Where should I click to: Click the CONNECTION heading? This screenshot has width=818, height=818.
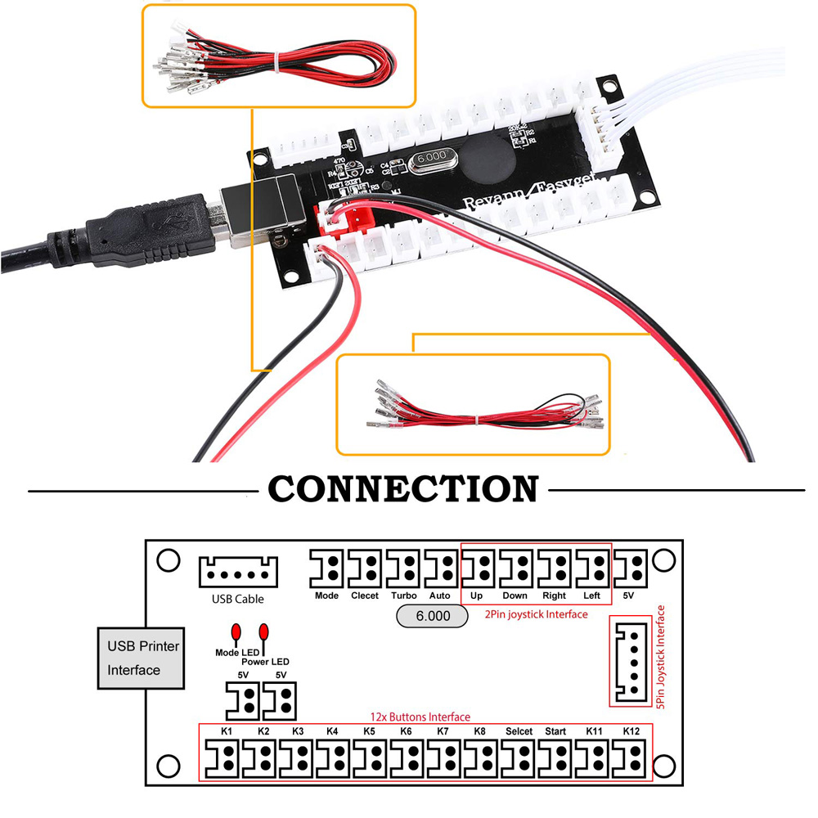pyautogui.click(x=403, y=489)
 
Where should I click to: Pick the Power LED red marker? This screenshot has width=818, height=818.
pyautogui.click(x=264, y=632)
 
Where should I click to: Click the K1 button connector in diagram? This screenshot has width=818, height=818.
pyautogui.click(x=222, y=758)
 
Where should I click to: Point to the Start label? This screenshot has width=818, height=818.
pyautogui.click(x=555, y=730)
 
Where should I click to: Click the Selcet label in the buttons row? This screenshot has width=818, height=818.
pyautogui.click(x=519, y=730)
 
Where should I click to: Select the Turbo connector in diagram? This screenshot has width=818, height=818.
pyautogui.click(x=404, y=568)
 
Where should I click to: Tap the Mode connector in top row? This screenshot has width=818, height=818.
pyautogui.click(x=327, y=568)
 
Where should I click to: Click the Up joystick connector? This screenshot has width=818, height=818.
pyautogui.click(x=479, y=568)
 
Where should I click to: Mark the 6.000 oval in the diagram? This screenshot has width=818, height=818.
pyautogui.click(x=433, y=616)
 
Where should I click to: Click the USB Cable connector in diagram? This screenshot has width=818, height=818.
pyautogui.click(x=238, y=572)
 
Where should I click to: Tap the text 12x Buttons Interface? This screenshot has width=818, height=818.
pyautogui.click(x=420, y=717)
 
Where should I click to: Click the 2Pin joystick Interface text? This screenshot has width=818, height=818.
pyautogui.click(x=536, y=613)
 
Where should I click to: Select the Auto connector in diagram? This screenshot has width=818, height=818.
pyautogui.click(x=442, y=568)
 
